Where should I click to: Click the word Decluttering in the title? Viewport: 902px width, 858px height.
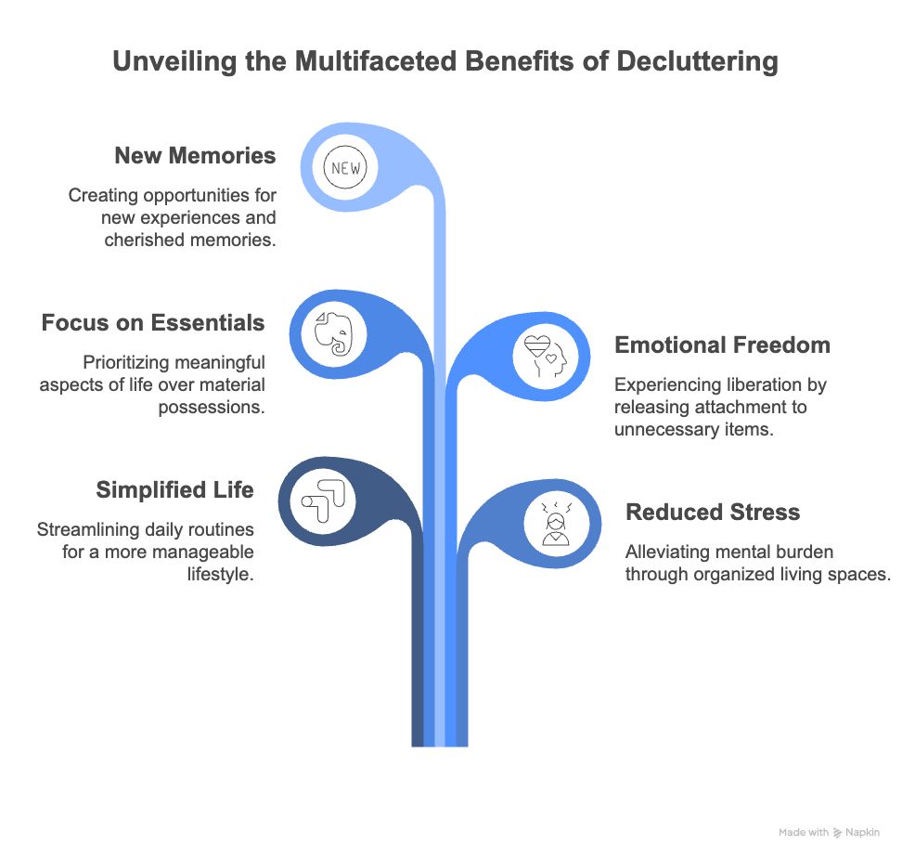click(x=691, y=62)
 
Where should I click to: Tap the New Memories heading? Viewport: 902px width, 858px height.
click(x=195, y=155)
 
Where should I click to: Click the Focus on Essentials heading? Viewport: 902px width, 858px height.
click(x=153, y=323)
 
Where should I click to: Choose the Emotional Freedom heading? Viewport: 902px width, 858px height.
click(x=722, y=345)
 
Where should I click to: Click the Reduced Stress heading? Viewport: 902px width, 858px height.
click(x=713, y=512)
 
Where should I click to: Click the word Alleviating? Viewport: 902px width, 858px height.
click(x=664, y=552)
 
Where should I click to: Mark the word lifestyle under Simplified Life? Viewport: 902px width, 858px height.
click(x=221, y=574)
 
